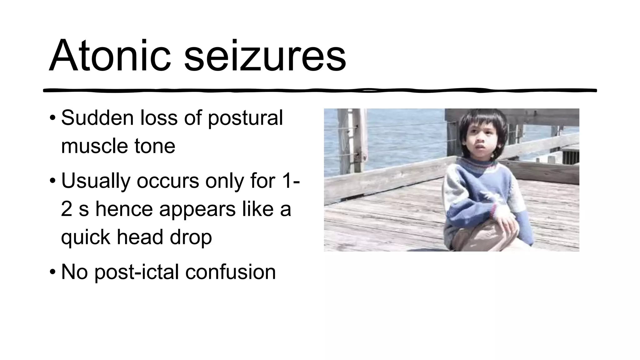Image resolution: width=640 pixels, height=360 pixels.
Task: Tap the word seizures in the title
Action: click(265, 56)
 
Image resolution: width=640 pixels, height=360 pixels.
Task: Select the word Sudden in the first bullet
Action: click(97, 118)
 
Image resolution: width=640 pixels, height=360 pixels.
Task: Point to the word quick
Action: click(86, 237)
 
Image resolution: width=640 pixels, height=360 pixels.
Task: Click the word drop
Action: click(191, 237)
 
